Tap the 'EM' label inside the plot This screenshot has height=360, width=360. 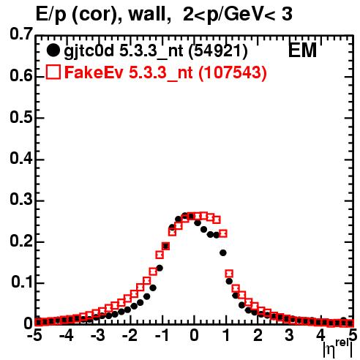[x=302, y=50]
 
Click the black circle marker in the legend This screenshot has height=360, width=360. [x=53, y=50]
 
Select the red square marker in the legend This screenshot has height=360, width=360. [x=53, y=72]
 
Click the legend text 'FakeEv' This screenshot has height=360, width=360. [x=94, y=72]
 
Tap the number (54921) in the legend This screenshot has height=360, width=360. [x=218, y=51]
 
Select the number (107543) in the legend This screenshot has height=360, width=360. [x=233, y=72]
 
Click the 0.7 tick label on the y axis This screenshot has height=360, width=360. [x=21, y=34]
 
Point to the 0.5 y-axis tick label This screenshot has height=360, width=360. [x=21, y=117]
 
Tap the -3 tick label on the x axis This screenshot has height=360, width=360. [x=98, y=335]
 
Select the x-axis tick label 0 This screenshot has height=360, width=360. [x=194, y=335]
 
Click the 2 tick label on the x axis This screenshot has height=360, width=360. [x=258, y=335]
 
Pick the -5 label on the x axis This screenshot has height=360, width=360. [x=34, y=335]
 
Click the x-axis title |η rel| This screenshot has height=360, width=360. [x=338, y=349]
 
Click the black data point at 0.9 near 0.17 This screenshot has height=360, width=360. [x=223, y=253]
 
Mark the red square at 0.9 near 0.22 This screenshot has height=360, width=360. [x=223, y=233]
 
